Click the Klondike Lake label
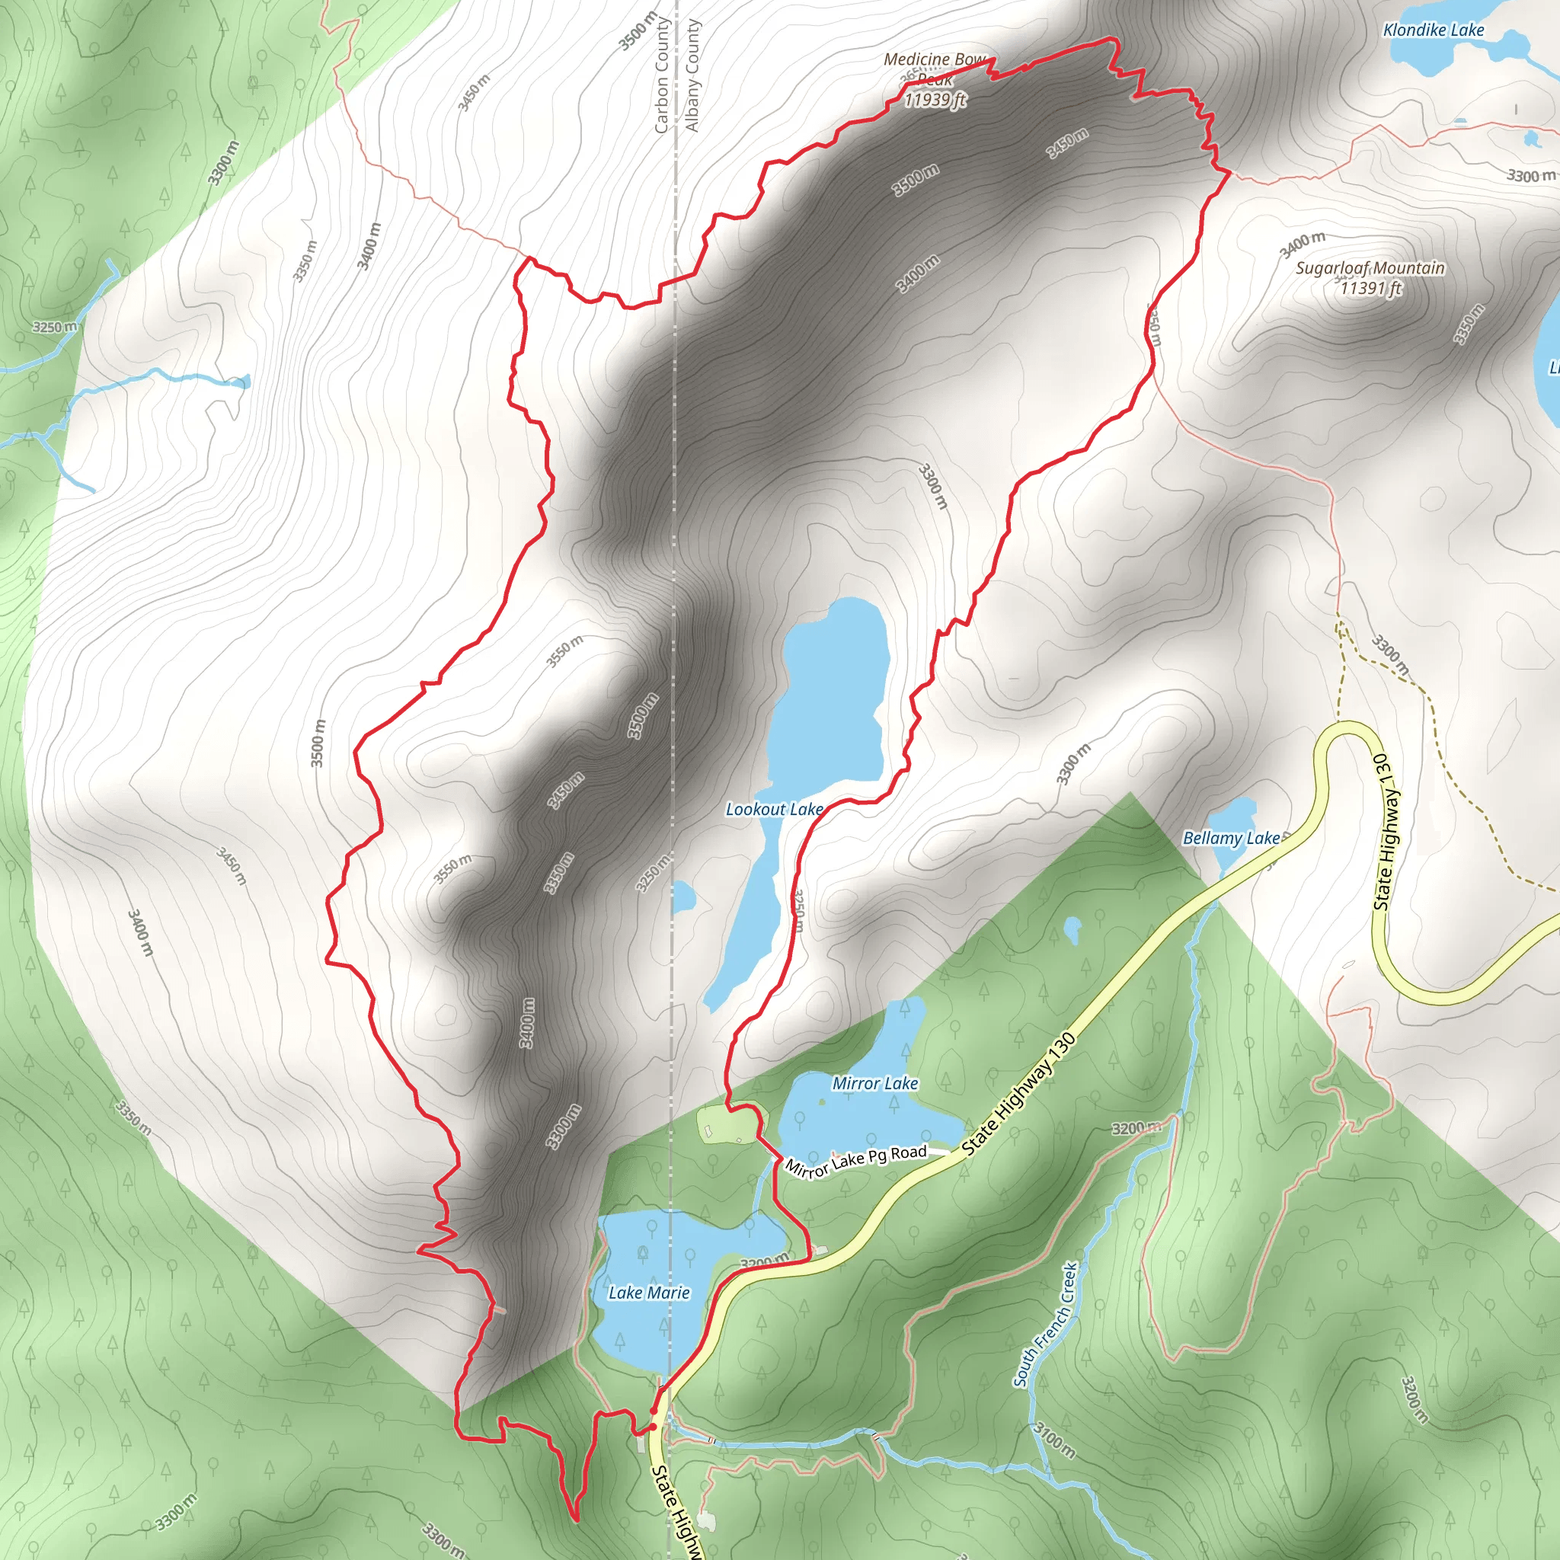[1434, 30]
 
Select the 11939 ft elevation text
[935, 100]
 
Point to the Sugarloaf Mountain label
[1370, 268]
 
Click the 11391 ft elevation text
[1370, 288]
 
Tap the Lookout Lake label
[774, 809]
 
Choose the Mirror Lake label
[875, 1084]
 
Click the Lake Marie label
[649, 1293]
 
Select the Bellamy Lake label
[1231, 838]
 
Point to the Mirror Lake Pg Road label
[856, 1160]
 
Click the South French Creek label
[1046, 1324]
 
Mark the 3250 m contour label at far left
[55, 327]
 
